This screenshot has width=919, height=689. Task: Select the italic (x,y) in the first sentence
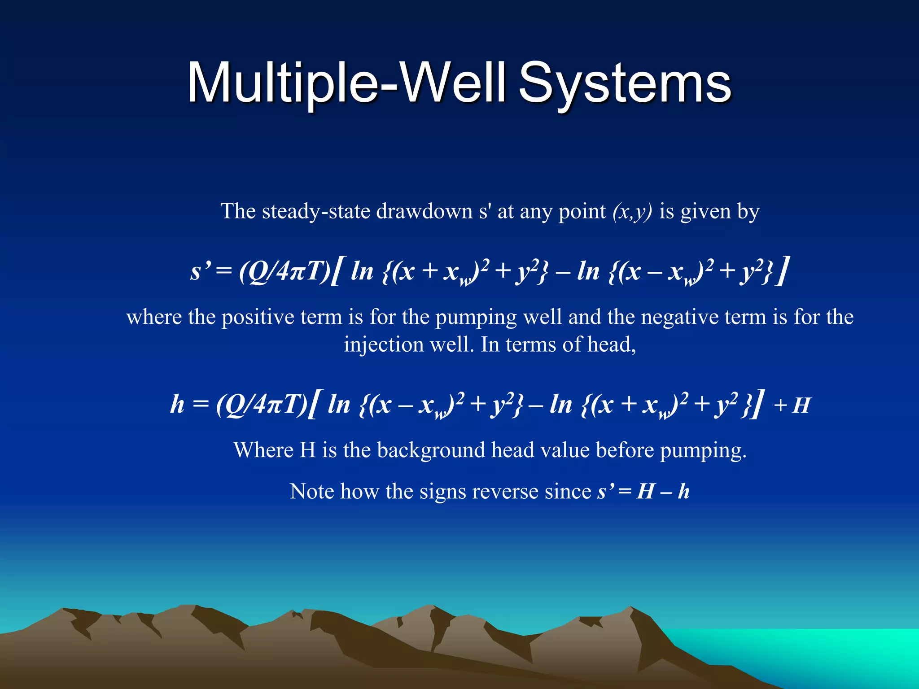point(632,211)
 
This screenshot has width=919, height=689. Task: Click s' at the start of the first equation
point(200,271)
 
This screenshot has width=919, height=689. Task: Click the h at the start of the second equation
point(177,404)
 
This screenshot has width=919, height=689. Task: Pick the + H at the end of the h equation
point(792,405)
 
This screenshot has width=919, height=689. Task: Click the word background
point(431,450)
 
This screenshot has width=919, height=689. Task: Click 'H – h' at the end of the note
point(663,491)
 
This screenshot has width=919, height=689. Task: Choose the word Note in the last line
point(312,491)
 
